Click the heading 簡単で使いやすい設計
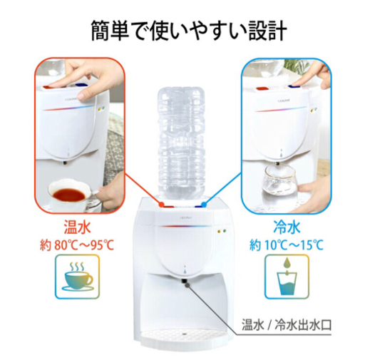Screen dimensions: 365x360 click(189, 31)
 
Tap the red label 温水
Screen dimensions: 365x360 click(78, 227)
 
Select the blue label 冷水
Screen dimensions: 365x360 click(287, 227)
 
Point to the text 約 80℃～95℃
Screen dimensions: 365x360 click(77, 245)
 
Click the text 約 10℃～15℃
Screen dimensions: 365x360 click(287, 245)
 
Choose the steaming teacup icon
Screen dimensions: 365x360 click(78, 276)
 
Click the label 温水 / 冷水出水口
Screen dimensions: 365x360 click(287, 325)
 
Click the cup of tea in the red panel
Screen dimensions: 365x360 click(69, 195)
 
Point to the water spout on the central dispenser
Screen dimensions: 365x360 click(184, 281)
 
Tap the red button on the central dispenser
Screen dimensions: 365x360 click(167, 206)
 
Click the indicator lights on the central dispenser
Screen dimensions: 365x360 click(222, 231)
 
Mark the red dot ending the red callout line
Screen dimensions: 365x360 click(162, 204)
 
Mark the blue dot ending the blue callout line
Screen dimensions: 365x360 click(203, 204)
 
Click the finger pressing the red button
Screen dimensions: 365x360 click(59, 83)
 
